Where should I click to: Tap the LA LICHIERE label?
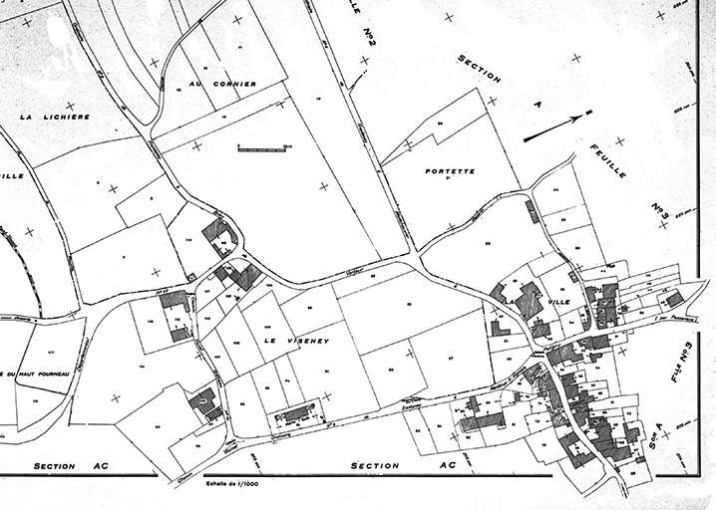[x=55, y=117]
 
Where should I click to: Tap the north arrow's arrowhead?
[x=588, y=112]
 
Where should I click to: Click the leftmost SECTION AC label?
[x=63, y=465]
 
